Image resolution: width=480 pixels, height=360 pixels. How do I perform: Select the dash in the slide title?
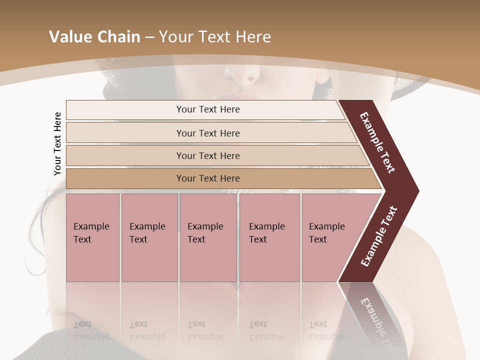pos(149,37)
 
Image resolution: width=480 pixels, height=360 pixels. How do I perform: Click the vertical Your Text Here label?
pos(57,143)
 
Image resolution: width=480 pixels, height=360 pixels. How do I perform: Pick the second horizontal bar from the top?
pos(208,133)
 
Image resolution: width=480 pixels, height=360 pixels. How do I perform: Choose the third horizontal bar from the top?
pos(208,155)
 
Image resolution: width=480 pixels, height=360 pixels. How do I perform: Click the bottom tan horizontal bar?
pos(208,178)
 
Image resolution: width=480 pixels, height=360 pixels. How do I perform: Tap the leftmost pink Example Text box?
pos(92,237)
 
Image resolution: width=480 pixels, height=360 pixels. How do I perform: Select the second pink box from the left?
pos(149,237)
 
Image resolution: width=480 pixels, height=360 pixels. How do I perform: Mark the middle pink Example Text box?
pos(208,237)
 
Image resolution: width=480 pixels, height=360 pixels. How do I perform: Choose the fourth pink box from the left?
pos(269,237)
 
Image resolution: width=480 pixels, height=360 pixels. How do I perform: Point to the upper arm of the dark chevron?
pos(377,142)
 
